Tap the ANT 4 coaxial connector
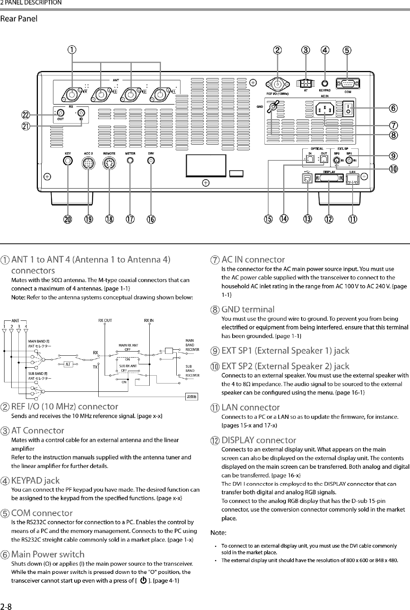coord(72,94)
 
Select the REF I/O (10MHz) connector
coord(278,84)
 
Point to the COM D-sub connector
coord(347,83)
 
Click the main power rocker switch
coord(348,109)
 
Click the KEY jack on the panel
coord(68,160)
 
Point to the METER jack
coord(130,160)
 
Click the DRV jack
coord(151,160)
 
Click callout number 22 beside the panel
coord(26,115)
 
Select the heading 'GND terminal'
coord(248,310)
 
